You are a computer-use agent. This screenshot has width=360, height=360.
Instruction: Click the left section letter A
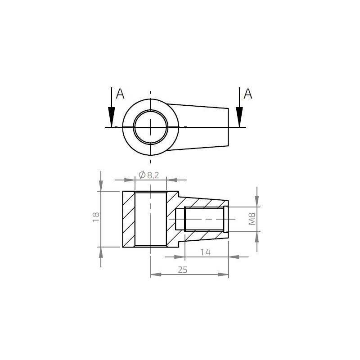point(120,94)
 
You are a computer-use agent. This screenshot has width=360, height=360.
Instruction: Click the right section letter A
point(248,94)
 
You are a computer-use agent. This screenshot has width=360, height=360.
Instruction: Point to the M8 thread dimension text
point(252,219)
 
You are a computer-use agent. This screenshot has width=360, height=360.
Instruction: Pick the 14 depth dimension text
point(205,252)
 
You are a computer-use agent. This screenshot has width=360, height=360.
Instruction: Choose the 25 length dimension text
point(182,270)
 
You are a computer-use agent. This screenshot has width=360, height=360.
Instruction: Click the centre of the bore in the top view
point(151,127)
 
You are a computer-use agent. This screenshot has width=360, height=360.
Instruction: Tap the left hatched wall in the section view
point(129,219)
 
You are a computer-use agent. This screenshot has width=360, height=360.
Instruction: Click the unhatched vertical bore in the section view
point(151,219)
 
